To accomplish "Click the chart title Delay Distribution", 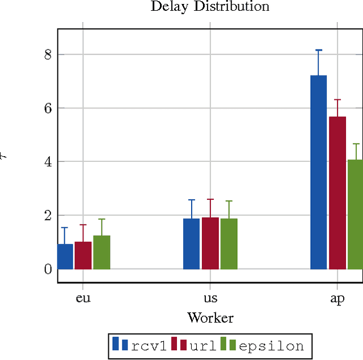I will (x=209, y=7).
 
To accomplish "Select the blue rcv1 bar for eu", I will (x=65, y=257).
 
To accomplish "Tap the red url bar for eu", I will (x=83, y=256).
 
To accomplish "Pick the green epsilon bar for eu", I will (x=102, y=252).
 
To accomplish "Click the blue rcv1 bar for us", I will (x=191, y=244).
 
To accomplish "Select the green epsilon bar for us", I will (x=229, y=244).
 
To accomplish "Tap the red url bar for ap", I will (x=337, y=192).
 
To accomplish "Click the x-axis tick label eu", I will (x=83, y=299).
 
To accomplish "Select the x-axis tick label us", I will (x=210, y=299).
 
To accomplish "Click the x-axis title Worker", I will (x=210, y=317).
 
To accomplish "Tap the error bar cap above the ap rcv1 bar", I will (x=319, y=50).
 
